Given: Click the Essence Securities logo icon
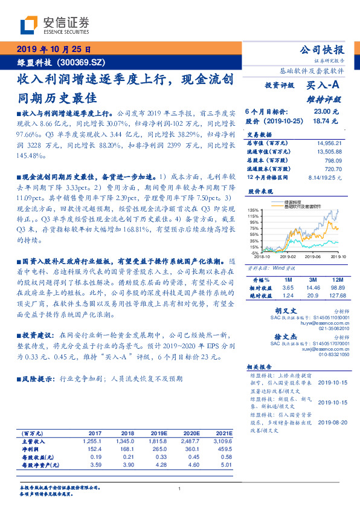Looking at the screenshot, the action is click(x=31, y=25).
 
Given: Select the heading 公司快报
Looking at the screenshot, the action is click(x=322, y=50).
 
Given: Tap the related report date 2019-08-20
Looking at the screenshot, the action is click(x=333, y=423).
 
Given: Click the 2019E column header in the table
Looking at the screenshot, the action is click(x=159, y=433).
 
